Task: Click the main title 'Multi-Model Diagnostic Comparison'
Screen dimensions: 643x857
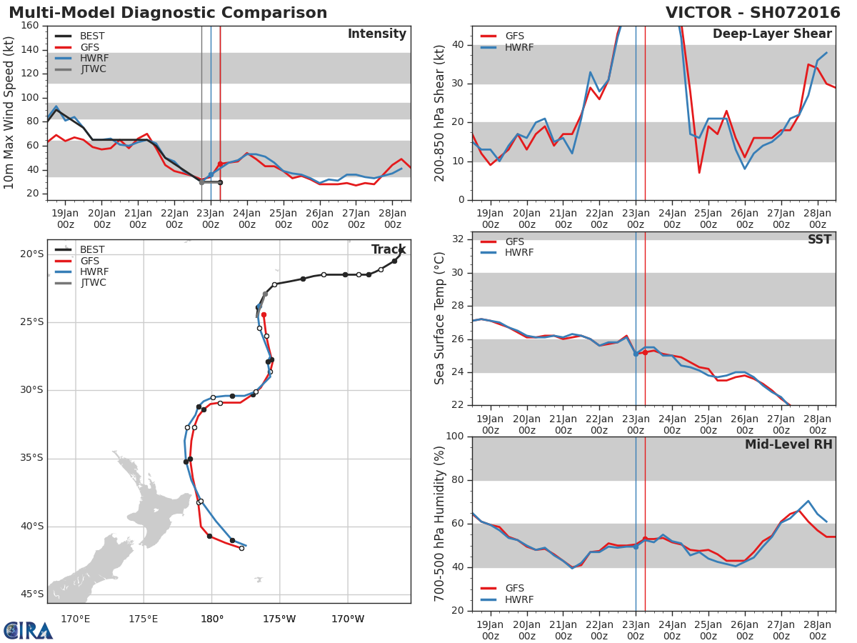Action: click(168, 13)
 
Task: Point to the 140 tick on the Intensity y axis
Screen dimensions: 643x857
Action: click(30, 49)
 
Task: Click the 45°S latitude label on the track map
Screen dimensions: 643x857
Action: click(31, 594)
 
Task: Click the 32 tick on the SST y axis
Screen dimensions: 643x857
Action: click(458, 239)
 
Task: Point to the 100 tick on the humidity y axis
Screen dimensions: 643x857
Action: click(454, 437)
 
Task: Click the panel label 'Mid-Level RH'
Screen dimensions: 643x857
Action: click(788, 445)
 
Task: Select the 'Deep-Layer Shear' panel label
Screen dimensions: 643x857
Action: click(772, 34)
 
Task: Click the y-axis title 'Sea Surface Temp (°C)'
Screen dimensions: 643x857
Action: click(441, 319)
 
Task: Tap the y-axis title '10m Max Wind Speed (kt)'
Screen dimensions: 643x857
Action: click(9, 113)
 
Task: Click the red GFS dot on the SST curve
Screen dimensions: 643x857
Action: click(645, 352)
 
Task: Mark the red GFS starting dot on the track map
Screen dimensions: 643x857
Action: click(264, 314)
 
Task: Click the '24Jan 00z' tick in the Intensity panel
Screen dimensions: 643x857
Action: click(246, 219)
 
